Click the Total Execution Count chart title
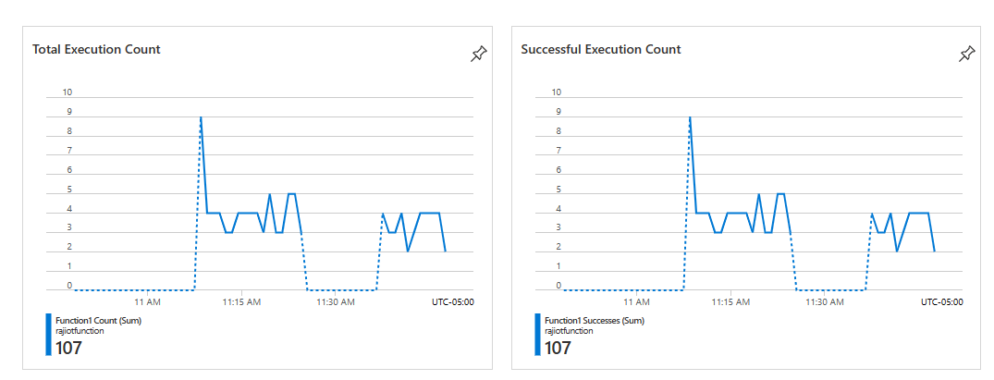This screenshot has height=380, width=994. pyautogui.click(x=96, y=49)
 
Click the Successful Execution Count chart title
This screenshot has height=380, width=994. pyautogui.click(x=600, y=49)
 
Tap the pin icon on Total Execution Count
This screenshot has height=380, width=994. pyautogui.click(x=478, y=54)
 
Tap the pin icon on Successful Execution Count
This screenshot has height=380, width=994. pyautogui.click(x=966, y=54)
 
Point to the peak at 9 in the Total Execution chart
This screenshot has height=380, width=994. pyautogui.click(x=201, y=117)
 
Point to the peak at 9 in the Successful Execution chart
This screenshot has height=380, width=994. pyautogui.click(x=689, y=117)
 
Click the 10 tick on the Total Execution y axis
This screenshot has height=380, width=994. pyautogui.click(x=66, y=92)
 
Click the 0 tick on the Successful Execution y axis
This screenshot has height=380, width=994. pyautogui.click(x=556, y=287)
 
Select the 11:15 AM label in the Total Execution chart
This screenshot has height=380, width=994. pyautogui.click(x=241, y=301)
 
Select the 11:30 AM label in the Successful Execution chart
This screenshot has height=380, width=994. pyautogui.click(x=825, y=301)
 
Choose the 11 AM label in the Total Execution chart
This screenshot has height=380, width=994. pyautogui.click(x=147, y=301)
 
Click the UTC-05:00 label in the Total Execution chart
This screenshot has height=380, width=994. pyautogui.click(x=453, y=301)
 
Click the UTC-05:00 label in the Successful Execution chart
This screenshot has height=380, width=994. pyautogui.click(x=941, y=301)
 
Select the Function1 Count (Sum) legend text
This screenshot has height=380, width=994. pyautogui.click(x=98, y=320)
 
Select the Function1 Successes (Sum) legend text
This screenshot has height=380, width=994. pyautogui.click(x=594, y=320)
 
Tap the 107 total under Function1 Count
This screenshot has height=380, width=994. pyautogui.click(x=69, y=348)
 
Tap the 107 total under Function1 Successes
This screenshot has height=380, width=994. pyautogui.click(x=558, y=348)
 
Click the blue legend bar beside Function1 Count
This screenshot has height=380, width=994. pyautogui.click(x=48, y=335)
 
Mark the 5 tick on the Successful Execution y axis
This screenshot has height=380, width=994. pyautogui.click(x=556, y=190)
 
